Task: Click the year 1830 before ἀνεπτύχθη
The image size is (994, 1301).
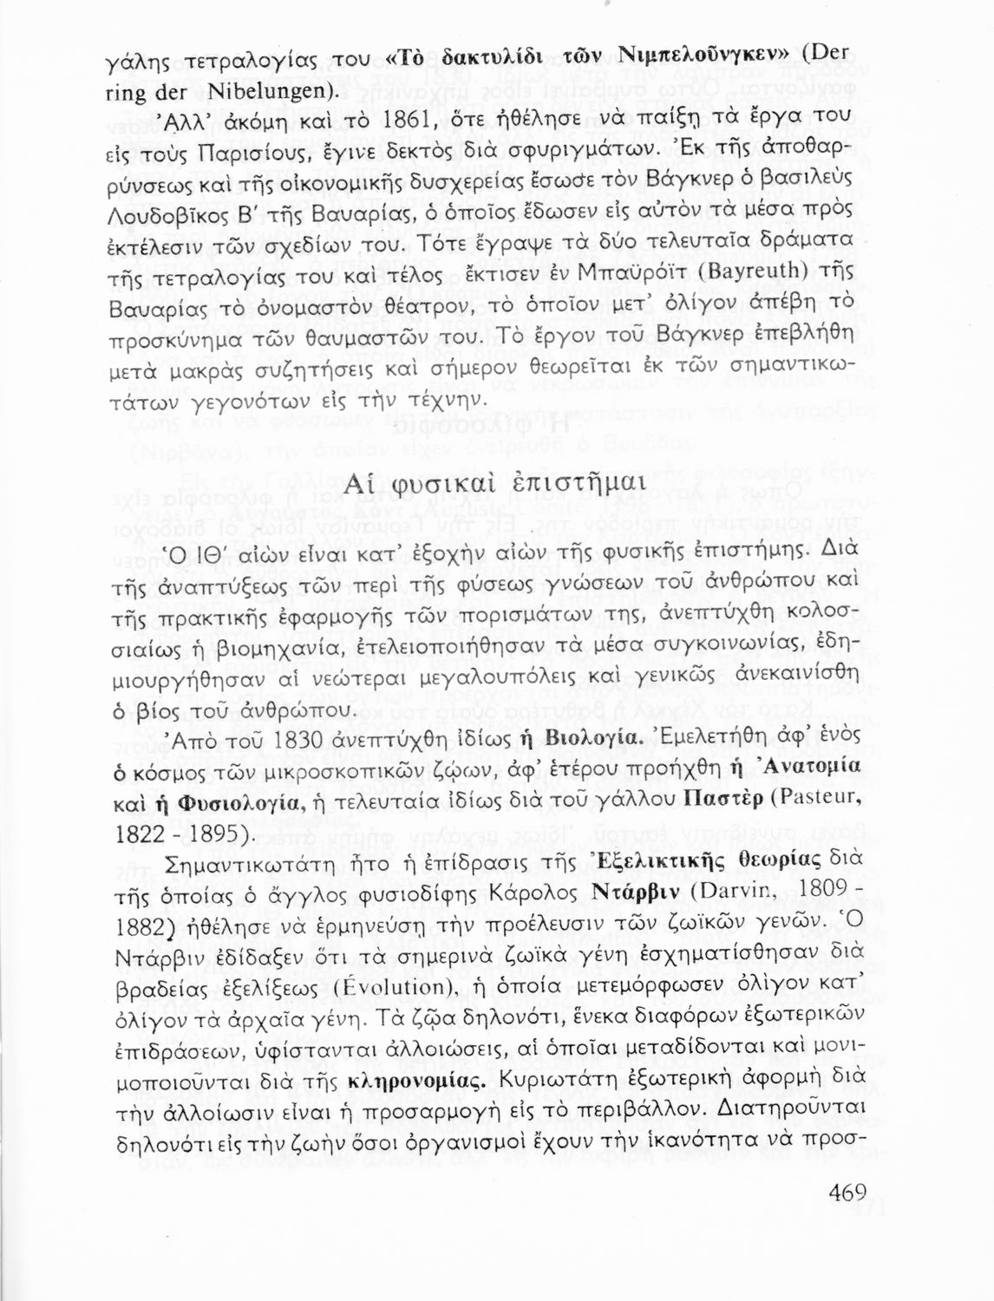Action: pos(306,742)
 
